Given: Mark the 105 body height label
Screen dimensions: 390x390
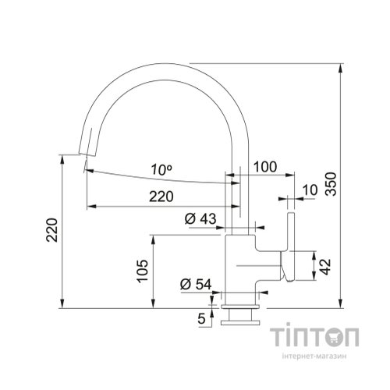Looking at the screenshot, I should click(140, 271).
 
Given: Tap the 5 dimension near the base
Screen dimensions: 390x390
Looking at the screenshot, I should click(201, 318).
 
